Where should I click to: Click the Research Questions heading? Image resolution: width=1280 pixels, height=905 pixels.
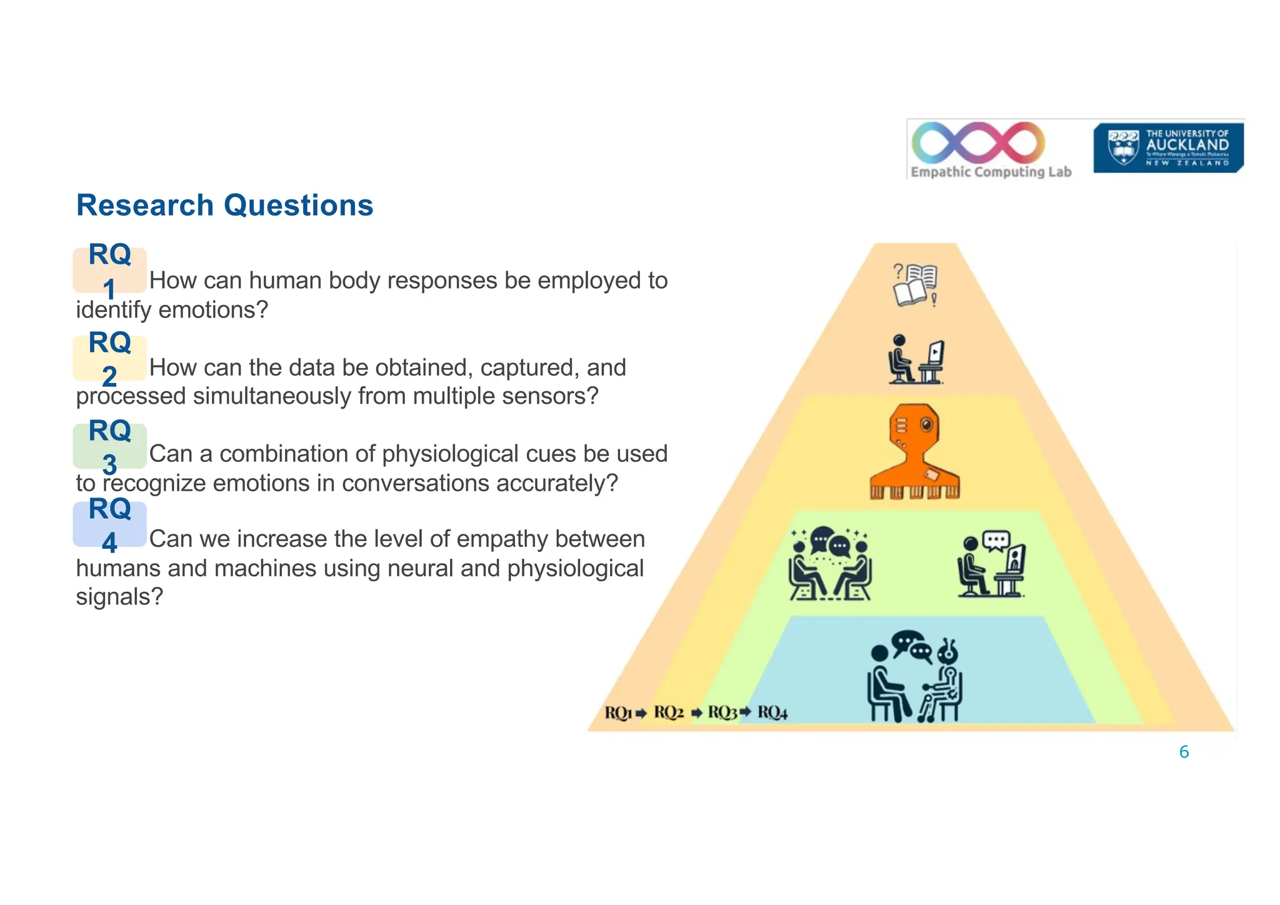(x=224, y=206)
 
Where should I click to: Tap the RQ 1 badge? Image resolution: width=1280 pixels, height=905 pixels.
(x=109, y=271)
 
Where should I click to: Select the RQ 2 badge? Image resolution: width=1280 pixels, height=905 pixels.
(x=109, y=358)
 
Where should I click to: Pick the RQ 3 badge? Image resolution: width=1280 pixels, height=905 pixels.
(x=109, y=446)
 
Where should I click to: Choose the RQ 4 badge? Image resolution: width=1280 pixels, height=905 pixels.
(x=109, y=524)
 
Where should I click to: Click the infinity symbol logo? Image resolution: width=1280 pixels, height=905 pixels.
(x=978, y=142)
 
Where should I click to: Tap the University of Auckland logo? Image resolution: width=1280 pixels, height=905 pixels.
(x=1167, y=147)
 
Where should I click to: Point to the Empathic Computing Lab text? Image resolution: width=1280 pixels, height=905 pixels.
(x=991, y=172)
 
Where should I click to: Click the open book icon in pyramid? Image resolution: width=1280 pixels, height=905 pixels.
(x=915, y=285)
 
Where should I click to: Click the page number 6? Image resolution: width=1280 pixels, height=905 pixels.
(x=1184, y=752)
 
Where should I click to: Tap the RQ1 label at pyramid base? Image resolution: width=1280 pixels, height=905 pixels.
(x=618, y=712)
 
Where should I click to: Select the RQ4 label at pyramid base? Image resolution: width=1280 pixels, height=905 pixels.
(x=772, y=712)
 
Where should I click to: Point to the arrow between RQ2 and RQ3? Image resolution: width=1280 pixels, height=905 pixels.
(x=697, y=713)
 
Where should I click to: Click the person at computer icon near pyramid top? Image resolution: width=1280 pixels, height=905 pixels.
(x=916, y=359)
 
